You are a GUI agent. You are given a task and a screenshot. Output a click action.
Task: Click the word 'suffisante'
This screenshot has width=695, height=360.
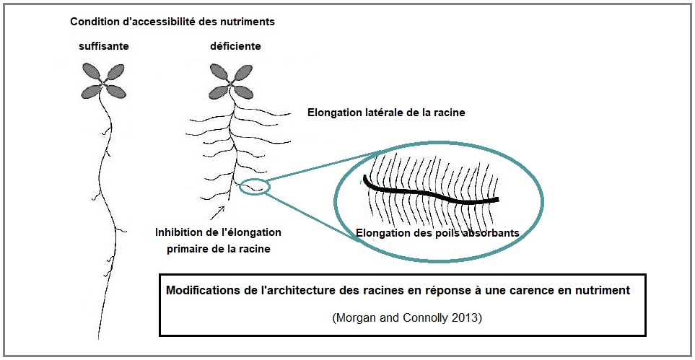click(x=104, y=45)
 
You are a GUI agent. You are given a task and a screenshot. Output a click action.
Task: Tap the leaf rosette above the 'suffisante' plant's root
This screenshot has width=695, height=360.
click(x=104, y=81)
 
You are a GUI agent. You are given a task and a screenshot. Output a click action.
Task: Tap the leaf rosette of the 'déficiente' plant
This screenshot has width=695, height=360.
click(x=231, y=81)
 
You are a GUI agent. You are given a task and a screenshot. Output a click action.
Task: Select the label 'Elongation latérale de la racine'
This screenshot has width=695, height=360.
click(x=386, y=113)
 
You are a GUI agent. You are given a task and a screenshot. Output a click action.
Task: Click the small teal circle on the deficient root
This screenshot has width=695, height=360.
click(x=255, y=186)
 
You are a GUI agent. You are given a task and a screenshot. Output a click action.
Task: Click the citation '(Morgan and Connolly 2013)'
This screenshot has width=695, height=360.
click(x=406, y=318)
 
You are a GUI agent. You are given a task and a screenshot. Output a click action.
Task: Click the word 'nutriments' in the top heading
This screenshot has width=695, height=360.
click(x=250, y=22)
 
